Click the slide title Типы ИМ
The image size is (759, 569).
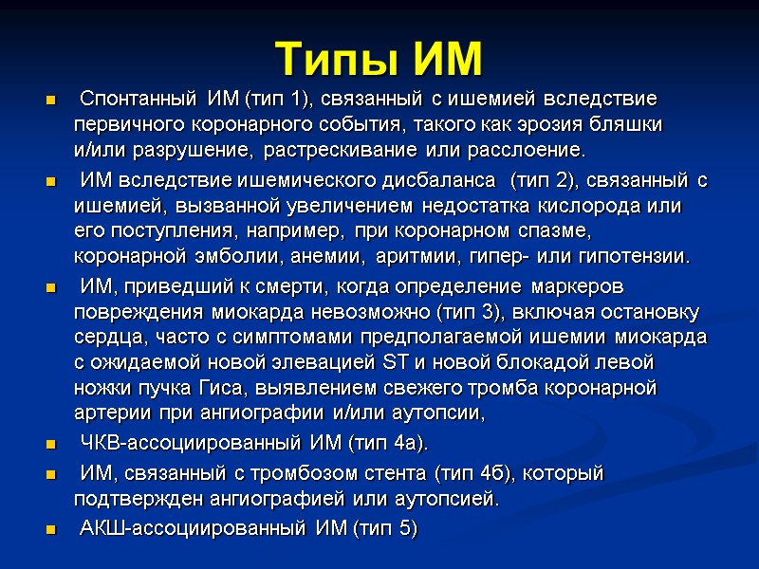tap(379, 59)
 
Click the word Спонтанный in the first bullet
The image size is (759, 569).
tap(139, 100)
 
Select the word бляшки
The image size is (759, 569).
tap(630, 125)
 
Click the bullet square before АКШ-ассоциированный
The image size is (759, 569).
tap(49, 529)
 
